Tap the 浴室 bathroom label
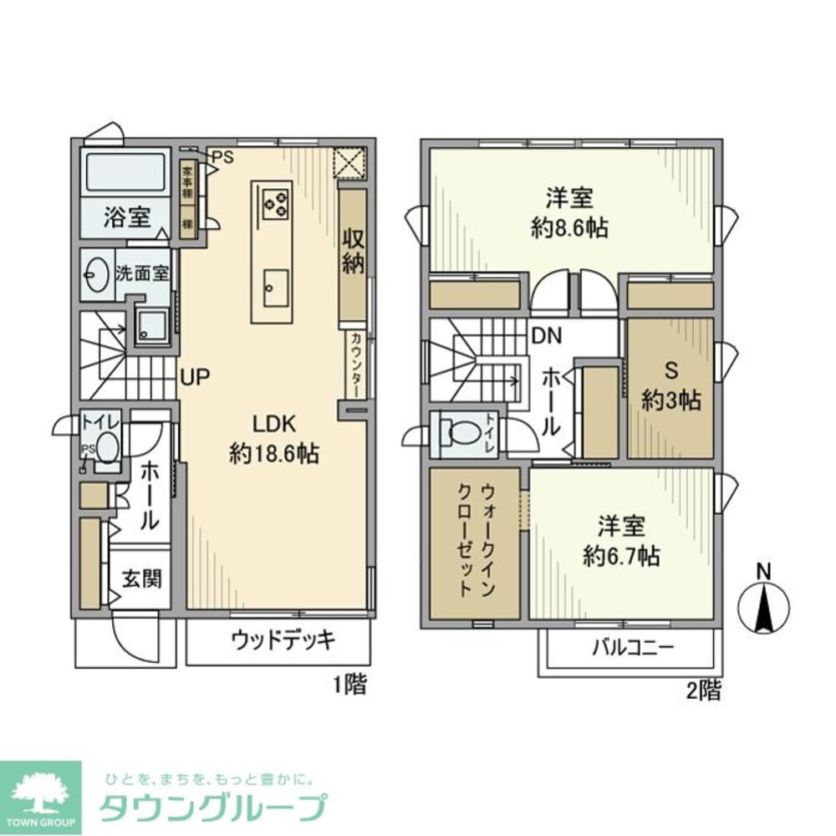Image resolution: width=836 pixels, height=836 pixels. pos(127,218)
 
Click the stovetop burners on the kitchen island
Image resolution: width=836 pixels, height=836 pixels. pos(276,201)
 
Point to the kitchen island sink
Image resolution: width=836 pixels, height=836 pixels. pos(275,288)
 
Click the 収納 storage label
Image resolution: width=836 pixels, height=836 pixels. pos(352,250)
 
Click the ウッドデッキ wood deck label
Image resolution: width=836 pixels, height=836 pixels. pos(283,641)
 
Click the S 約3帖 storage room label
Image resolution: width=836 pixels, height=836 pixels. pos(670,387)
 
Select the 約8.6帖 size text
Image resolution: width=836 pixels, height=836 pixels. pos(569,227)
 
